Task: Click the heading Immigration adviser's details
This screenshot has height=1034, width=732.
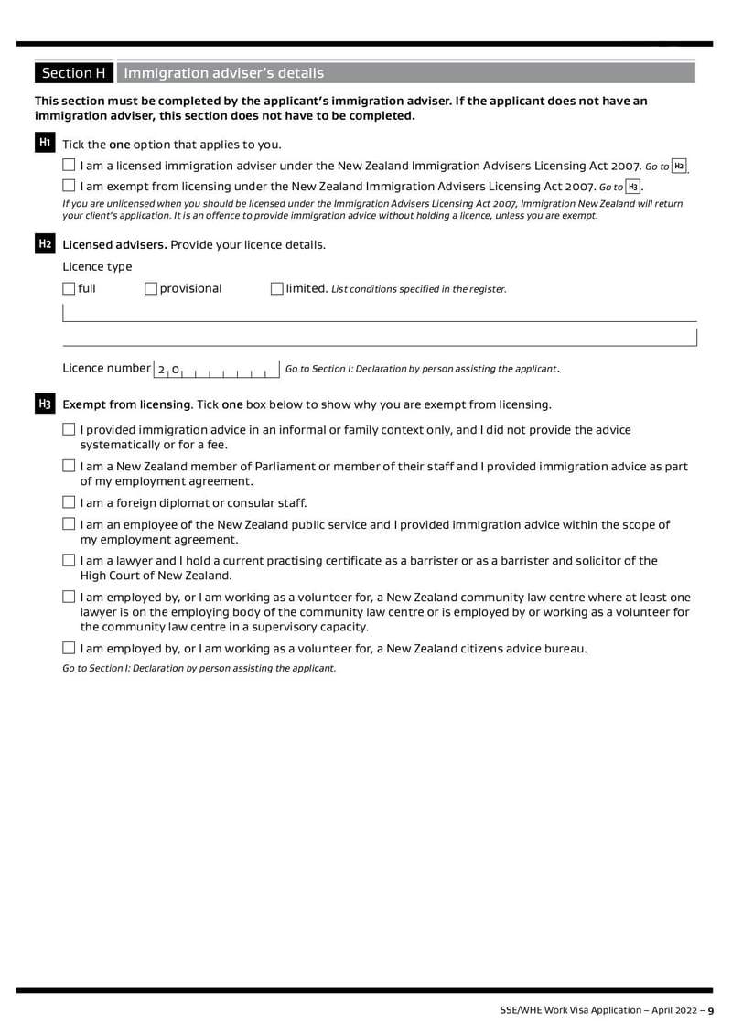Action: [223, 73]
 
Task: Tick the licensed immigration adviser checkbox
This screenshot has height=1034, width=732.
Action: [70, 166]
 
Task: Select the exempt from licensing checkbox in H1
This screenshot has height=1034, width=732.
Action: [70, 187]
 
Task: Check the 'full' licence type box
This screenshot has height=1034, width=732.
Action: [70, 289]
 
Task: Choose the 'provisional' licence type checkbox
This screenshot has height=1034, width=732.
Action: [151, 289]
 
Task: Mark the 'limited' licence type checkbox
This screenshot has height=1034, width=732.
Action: [277, 289]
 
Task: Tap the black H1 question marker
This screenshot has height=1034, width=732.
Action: [44, 144]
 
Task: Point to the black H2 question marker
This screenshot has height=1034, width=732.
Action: [44, 244]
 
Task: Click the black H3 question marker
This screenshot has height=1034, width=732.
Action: [44, 404]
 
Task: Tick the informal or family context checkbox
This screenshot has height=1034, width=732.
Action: [70, 430]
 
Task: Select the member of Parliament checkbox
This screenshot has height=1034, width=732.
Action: [70, 467]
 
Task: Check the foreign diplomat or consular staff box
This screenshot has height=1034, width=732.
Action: [70, 502]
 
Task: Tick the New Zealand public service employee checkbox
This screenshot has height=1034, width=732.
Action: [70, 525]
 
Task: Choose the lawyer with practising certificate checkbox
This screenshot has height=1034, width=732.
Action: [70, 561]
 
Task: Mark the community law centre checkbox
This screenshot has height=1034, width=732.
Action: [70, 598]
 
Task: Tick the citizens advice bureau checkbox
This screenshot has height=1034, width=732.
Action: [70, 649]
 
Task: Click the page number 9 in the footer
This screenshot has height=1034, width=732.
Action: [710, 1010]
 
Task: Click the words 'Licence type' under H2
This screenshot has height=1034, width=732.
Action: [97, 266]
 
